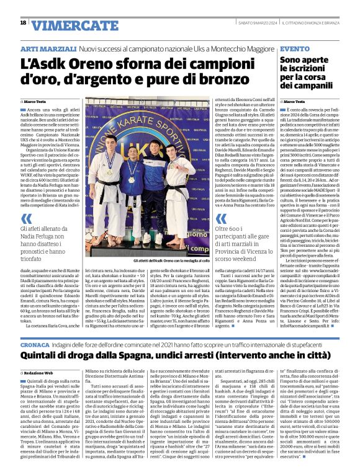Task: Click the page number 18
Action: click(23, 23)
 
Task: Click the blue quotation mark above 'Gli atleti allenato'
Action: click(26, 218)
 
